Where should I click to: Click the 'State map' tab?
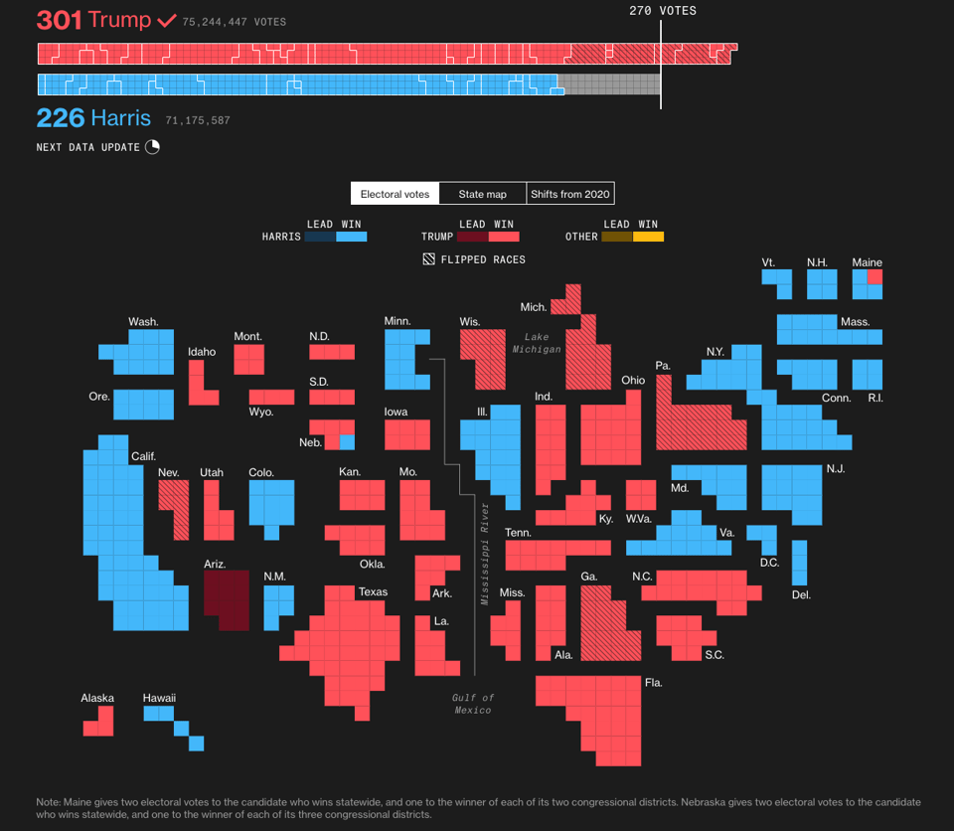(482, 194)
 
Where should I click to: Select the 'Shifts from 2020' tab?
(570, 194)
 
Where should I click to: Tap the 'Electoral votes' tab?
(395, 194)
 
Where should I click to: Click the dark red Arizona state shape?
(227, 599)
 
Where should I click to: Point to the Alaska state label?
(97, 698)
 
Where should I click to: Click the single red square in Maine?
(874, 277)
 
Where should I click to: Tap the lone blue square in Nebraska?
(347, 441)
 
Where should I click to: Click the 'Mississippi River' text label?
(485, 554)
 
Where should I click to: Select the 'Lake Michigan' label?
(537, 343)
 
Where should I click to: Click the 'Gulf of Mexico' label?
(473, 704)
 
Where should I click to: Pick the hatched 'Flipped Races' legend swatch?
(428, 259)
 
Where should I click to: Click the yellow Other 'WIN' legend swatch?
(648, 237)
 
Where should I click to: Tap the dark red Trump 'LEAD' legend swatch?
(472, 237)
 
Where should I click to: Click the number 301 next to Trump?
(59, 20)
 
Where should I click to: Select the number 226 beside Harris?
(60, 118)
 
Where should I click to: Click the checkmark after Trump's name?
(166, 20)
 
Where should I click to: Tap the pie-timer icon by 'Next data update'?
(152, 147)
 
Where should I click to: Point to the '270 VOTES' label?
(663, 11)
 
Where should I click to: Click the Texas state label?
(373, 592)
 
